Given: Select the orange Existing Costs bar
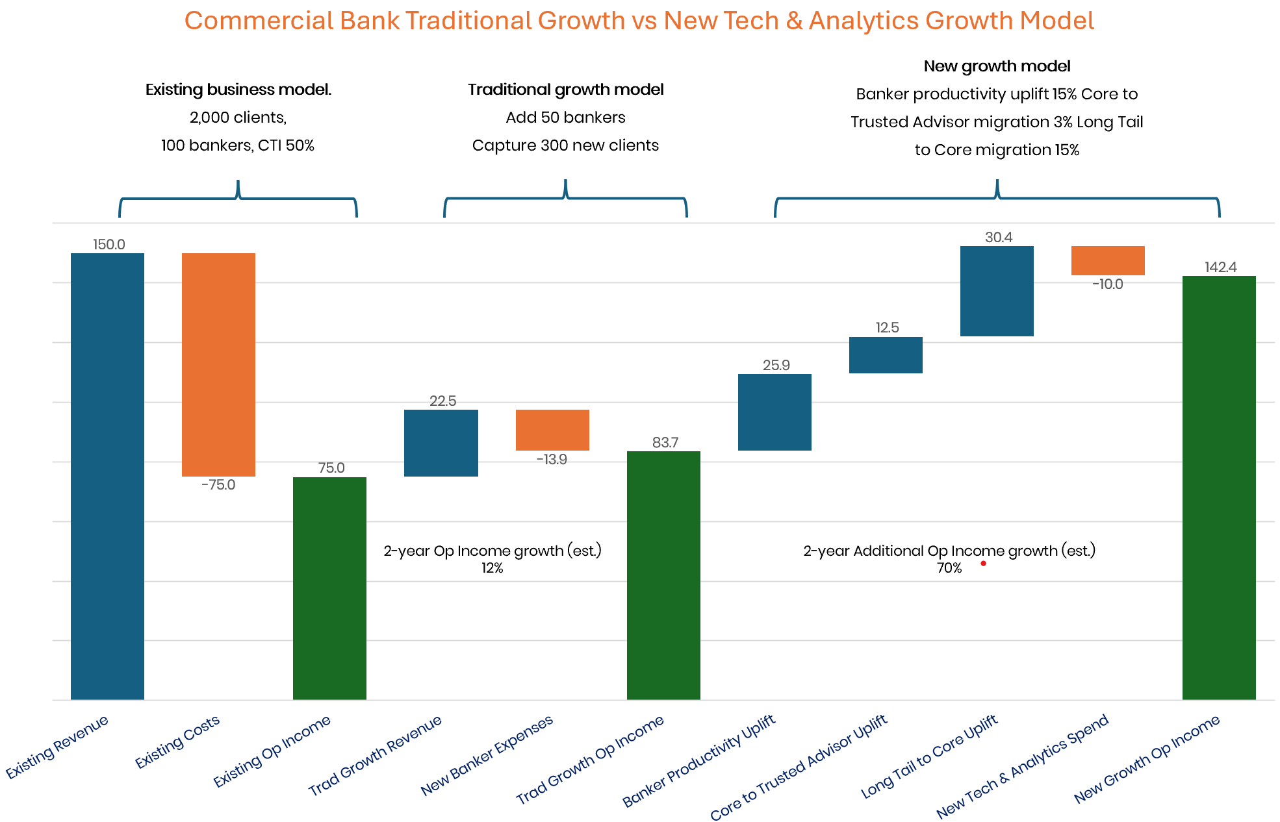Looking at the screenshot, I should [x=218, y=364].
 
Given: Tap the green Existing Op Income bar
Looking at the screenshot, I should [x=329, y=588].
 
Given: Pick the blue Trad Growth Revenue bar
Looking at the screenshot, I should [x=441, y=443].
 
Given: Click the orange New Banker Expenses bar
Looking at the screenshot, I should [x=552, y=430].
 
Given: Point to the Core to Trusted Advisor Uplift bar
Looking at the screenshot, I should [x=886, y=355].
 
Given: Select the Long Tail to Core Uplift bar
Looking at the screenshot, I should [x=997, y=291].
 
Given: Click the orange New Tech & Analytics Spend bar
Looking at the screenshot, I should [x=1108, y=260].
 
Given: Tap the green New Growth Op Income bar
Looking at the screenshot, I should [x=1219, y=487].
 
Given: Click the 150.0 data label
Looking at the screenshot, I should [x=109, y=245].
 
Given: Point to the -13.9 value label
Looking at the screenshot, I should [x=552, y=460].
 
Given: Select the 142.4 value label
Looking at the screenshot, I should [x=1220, y=268].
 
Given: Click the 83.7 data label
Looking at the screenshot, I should [x=665, y=443].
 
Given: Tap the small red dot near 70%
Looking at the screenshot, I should [x=983, y=564].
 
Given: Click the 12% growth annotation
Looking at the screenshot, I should [x=492, y=568].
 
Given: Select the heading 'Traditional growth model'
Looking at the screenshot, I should [x=565, y=90].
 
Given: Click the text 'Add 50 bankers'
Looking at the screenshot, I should [x=565, y=118].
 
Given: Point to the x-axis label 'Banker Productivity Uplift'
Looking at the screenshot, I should [x=699, y=761].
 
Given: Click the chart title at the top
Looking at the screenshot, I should [x=639, y=21].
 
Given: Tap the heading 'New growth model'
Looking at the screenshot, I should [x=997, y=66].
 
